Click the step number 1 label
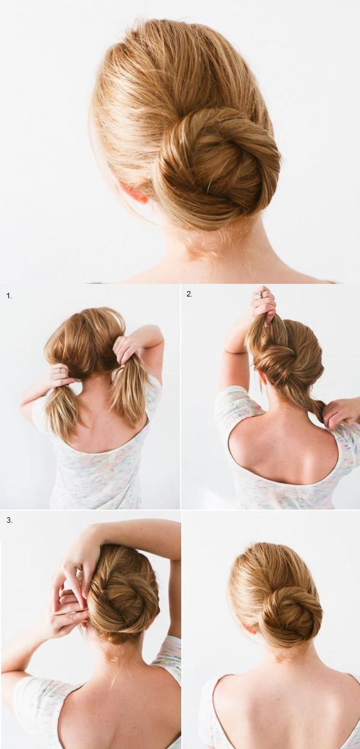[9, 296]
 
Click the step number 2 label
[190, 294]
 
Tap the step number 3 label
[9, 520]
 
